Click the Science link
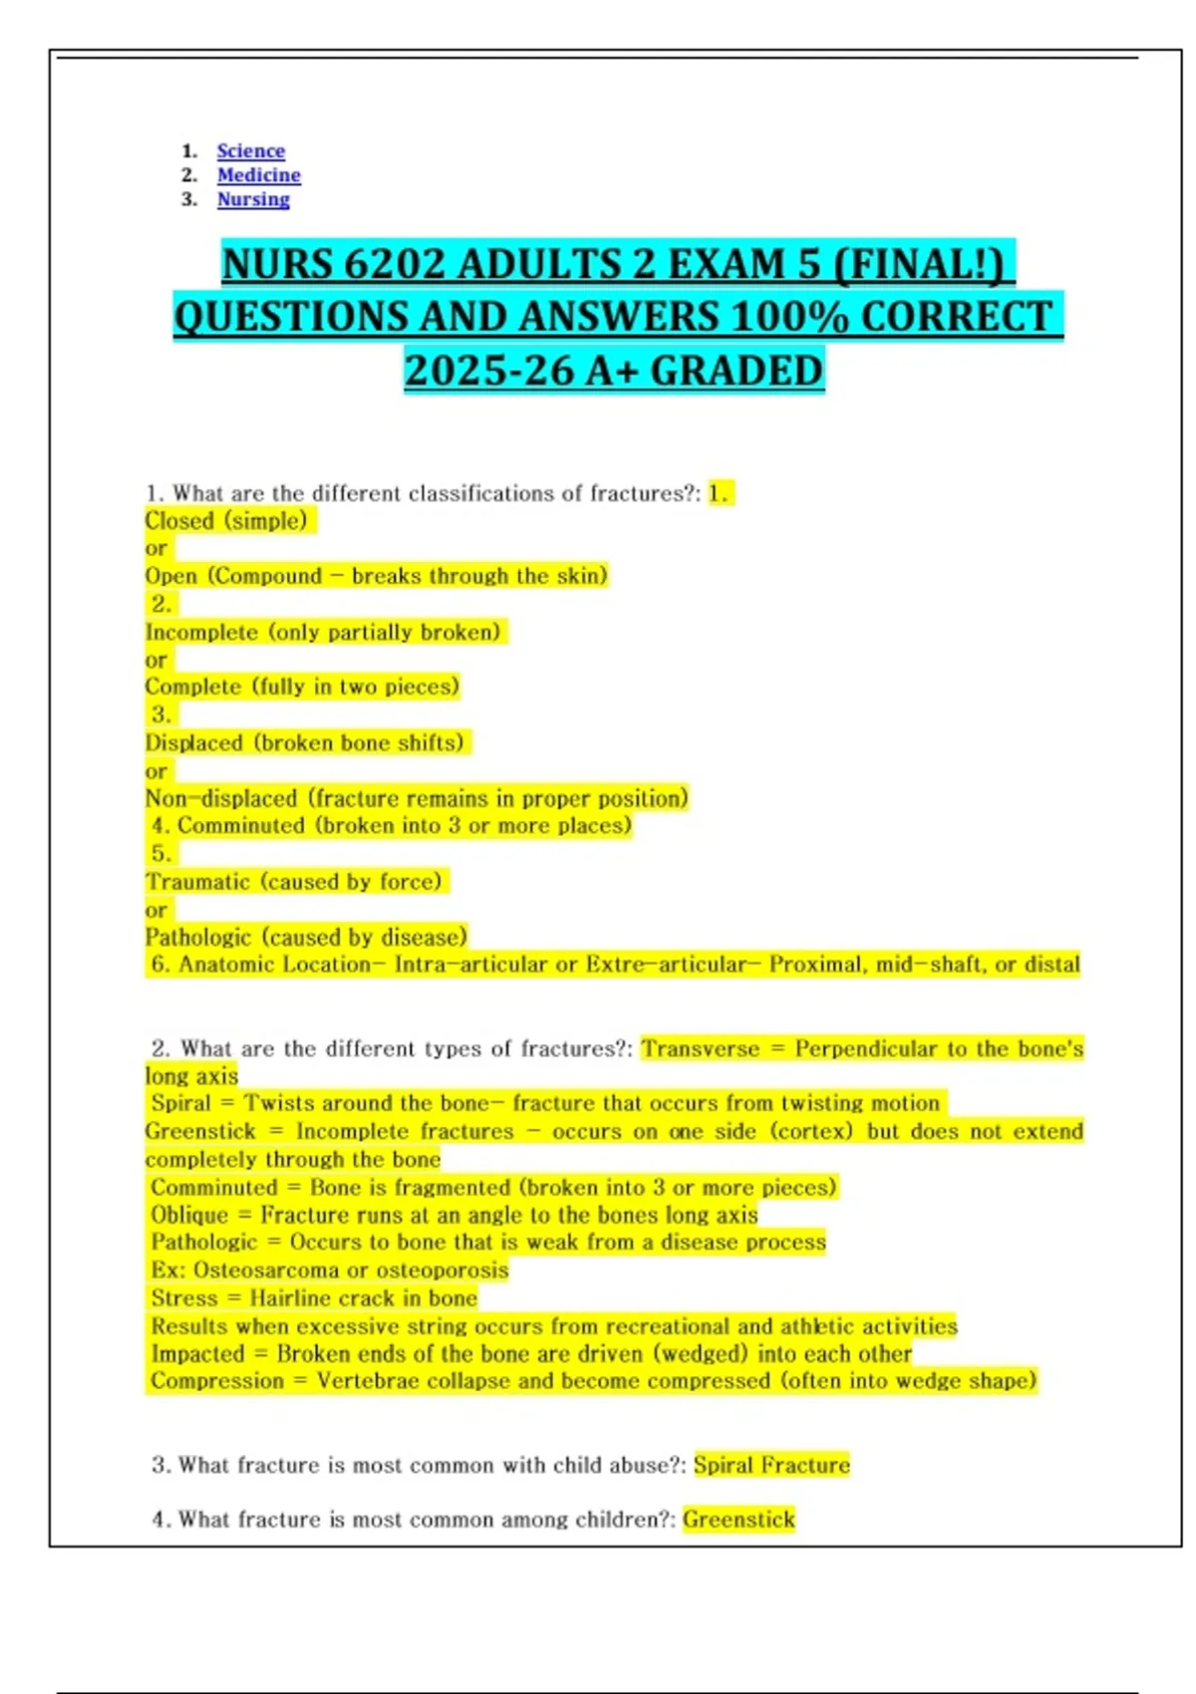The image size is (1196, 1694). pos(250,151)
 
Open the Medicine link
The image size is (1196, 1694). pos(258,175)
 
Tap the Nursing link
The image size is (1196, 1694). pos(253,199)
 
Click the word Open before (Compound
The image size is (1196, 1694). pos(171,576)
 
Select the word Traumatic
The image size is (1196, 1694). pos(197,882)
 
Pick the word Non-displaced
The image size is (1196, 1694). pos(221,799)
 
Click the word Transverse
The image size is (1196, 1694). pos(701,1049)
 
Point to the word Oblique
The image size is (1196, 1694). pos(189,1216)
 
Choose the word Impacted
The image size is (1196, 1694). pos(197,1354)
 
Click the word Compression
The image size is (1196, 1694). pos(217,1381)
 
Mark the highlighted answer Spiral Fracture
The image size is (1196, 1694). pos(771,1465)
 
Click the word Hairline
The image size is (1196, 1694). pos(295,1298)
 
